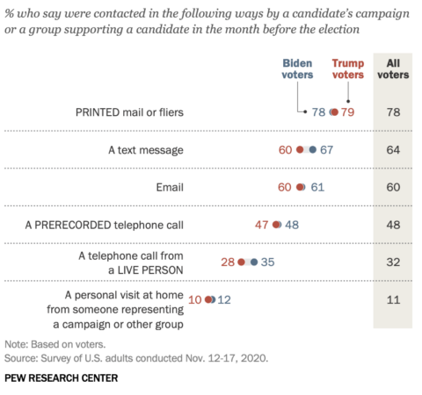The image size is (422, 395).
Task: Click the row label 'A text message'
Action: tap(146, 150)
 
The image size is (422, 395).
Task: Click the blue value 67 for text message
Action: tap(327, 150)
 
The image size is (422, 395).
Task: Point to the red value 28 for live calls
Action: tap(226, 262)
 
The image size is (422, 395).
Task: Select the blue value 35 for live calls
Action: tap(269, 262)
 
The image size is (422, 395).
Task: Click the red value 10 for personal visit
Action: tap(194, 299)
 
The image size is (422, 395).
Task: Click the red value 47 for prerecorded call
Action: tap(262, 225)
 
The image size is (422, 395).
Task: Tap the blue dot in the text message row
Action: tap(312, 150)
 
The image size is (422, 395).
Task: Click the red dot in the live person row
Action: tap(241, 262)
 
